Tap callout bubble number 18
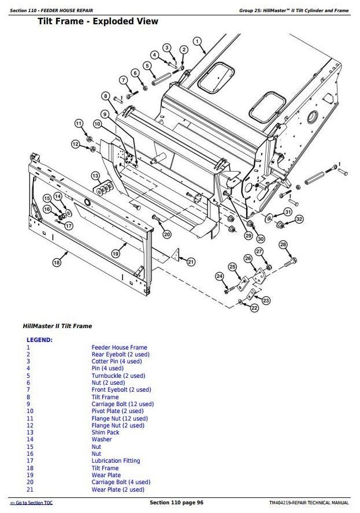(56, 262)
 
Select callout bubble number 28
(283, 244)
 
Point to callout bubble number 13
(95, 175)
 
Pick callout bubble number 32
(299, 219)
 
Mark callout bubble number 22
(254, 308)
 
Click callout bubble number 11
(79, 123)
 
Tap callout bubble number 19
(116, 253)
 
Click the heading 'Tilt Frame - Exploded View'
(98, 21)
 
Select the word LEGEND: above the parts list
(39, 340)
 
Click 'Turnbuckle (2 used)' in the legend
(118, 376)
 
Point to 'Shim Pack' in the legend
(105, 432)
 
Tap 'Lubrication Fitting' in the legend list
(116, 460)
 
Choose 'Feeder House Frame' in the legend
(119, 347)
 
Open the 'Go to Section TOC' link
(31, 503)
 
